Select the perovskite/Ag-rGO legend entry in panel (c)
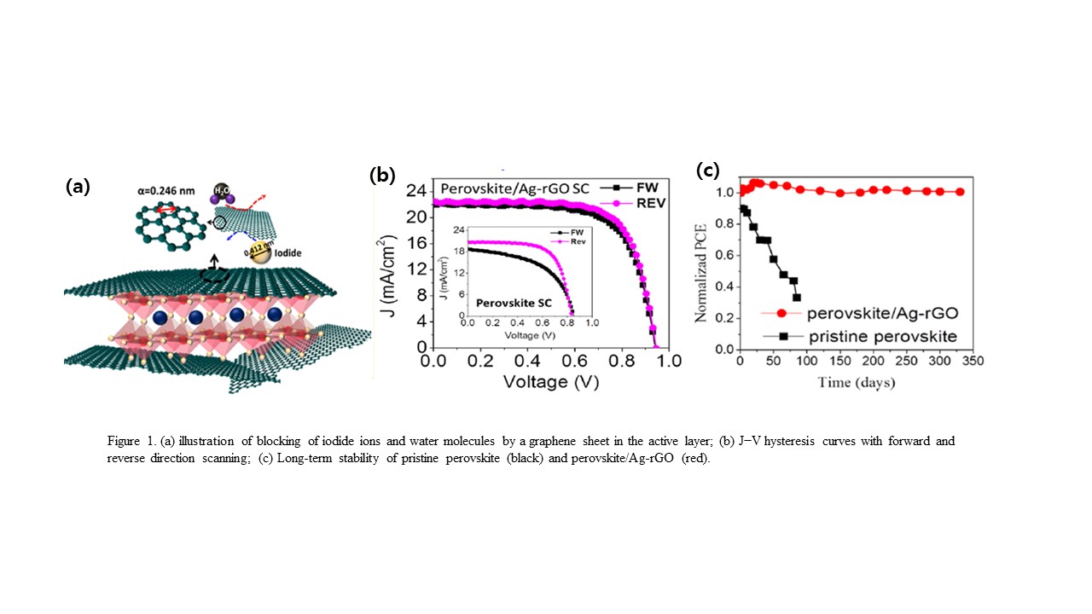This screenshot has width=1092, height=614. pos(845,313)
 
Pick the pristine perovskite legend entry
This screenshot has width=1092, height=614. pos(845,336)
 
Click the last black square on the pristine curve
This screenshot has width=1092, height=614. pos(797,298)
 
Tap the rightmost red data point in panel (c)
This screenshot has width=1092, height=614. pos(960,192)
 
